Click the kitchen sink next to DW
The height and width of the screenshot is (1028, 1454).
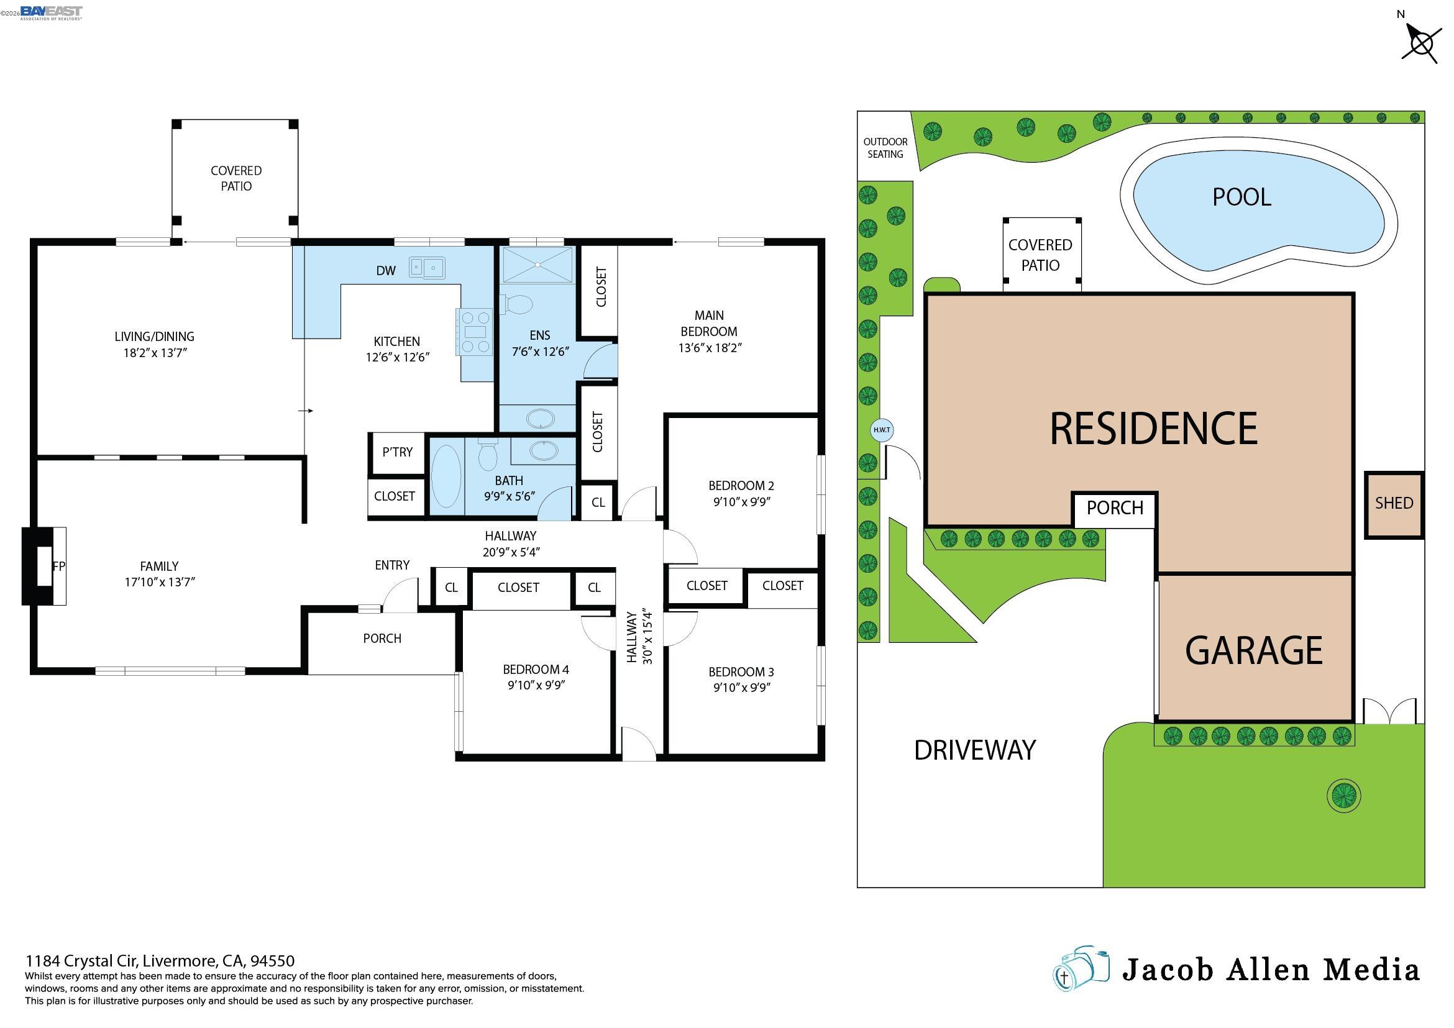click(426, 268)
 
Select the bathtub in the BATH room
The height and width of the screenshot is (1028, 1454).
click(447, 476)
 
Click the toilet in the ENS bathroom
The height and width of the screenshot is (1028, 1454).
click(518, 305)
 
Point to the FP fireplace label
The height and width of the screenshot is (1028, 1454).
click(58, 566)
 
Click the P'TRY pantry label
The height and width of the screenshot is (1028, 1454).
click(397, 452)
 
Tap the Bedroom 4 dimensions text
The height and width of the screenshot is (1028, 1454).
click(536, 685)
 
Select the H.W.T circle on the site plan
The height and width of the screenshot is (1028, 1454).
click(882, 430)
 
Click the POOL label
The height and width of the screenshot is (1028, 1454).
click(1241, 198)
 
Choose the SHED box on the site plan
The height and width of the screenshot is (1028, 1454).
click(1393, 504)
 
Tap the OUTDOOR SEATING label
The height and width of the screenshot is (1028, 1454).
click(885, 148)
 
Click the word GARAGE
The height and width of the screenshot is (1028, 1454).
click(1253, 651)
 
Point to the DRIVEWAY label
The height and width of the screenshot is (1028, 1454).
click(974, 750)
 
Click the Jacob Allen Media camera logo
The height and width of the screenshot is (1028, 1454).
click(1081, 969)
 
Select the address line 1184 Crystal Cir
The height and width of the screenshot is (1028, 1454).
click(160, 961)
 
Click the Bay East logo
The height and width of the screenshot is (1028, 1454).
click(51, 12)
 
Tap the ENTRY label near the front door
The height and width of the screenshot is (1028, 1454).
click(392, 565)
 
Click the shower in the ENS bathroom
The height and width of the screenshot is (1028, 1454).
click(537, 265)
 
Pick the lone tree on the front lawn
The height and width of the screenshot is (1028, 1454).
click(1343, 796)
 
